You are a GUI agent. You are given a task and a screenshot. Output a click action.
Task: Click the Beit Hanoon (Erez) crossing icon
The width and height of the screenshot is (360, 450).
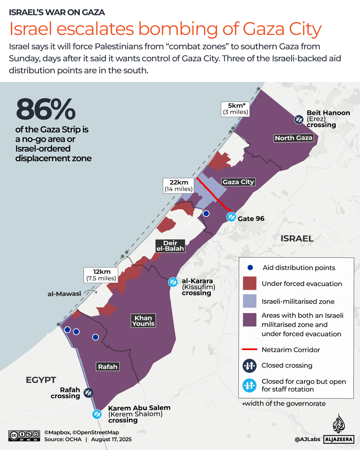[x=299, y=119]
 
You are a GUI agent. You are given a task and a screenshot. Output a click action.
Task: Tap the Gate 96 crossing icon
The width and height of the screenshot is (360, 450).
[x=231, y=217]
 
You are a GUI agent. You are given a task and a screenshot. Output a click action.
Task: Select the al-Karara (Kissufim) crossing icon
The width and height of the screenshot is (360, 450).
[x=173, y=282]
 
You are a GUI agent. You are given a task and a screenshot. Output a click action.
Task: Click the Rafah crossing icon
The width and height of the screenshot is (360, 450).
[x=88, y=393]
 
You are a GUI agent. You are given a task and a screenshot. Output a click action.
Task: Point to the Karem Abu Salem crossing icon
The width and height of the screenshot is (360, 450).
[x=97, y=414]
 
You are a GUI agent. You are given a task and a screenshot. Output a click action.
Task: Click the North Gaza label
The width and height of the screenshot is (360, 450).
[x=293, y=138]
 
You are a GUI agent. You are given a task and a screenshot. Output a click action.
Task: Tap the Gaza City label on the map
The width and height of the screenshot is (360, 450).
[x=238, y=182]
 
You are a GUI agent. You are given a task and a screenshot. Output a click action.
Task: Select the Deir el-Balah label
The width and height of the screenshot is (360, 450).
[x=170, y=246]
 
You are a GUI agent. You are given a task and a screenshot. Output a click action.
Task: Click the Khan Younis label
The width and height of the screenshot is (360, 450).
[x=143, y=321]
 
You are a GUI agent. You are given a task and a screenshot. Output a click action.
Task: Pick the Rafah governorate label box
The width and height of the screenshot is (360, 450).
[x=108, y=367]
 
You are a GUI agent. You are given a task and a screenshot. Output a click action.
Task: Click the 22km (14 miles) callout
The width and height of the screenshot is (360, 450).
[x=179, y=186]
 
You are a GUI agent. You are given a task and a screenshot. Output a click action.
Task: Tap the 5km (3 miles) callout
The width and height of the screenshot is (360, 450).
[x=235, y=109]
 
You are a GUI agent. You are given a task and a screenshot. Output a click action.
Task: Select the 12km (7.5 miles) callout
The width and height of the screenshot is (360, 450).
[x=101, y=275]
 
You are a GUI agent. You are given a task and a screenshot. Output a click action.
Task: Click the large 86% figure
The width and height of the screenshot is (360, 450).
[x=46, y=109]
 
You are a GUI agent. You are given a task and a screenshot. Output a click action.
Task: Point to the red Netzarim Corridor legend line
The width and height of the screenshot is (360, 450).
[x=249, y=349]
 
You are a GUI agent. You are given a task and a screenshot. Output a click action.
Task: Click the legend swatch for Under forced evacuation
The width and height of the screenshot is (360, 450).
[x=249, y=283]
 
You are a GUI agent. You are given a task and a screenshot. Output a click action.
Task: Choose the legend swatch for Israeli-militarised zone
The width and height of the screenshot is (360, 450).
[x=249, y=301]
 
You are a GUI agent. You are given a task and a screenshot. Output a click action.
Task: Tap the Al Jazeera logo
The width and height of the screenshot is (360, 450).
[x=339, y=430]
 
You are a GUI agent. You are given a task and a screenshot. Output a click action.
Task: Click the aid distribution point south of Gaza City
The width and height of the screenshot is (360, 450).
[x=206, y=214]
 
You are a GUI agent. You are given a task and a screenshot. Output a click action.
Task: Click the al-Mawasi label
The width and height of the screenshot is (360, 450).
[x=64, y=294]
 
